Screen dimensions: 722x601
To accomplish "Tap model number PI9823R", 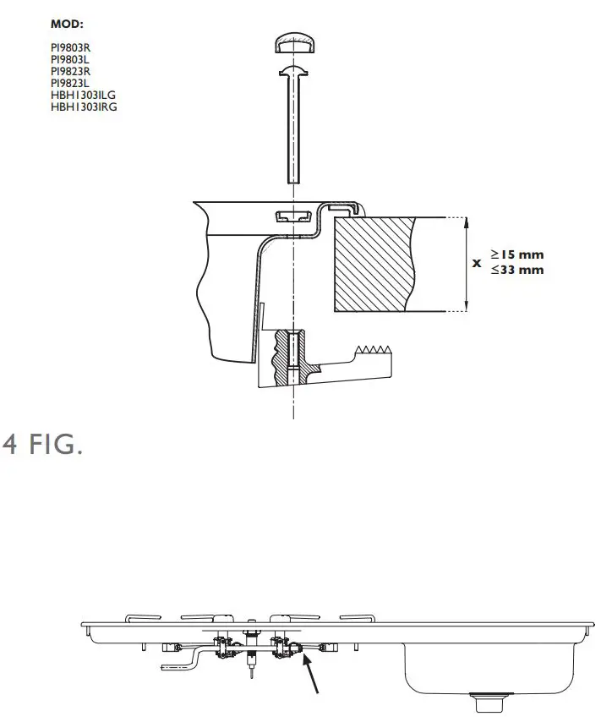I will coord(68,72).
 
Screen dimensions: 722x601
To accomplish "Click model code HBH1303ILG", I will coord(84,96).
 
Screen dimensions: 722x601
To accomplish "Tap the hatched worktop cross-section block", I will coord(372,262).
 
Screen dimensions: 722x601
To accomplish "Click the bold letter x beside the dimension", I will coord(477,263).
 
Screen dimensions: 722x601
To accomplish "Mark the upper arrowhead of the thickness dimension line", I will coord(467,222).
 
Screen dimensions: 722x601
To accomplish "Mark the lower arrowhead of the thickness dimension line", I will coord(467,307).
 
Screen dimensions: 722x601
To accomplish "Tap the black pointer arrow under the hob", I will coord(312,676).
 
